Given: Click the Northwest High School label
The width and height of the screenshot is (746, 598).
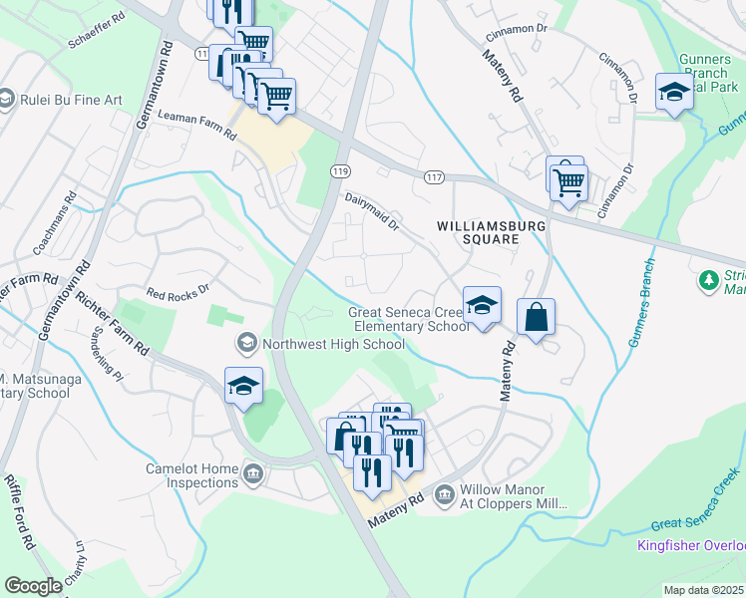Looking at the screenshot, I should pyautogui.click(x=333, y=345).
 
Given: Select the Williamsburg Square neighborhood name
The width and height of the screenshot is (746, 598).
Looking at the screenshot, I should pyautogui.click(x=492, y=232).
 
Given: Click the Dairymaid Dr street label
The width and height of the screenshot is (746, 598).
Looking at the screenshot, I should pyautogui.click(x=372, y=212).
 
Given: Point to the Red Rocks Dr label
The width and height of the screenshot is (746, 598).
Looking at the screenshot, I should pyautogui.click(x=179, y=293).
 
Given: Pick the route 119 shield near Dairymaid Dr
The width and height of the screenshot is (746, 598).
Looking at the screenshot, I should pyautogui.click(x=339, y=172).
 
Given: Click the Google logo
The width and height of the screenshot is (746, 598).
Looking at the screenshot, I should pyautogui.click(x=33, y=586).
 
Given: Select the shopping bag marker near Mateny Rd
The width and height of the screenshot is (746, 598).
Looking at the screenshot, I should pyautogui.click(x=537, y=319).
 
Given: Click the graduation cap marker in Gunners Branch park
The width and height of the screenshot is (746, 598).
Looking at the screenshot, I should pyautogui.click(x=674, y=93).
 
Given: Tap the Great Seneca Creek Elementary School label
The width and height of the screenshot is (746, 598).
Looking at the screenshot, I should pyautogui.click(x=408, y=319).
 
